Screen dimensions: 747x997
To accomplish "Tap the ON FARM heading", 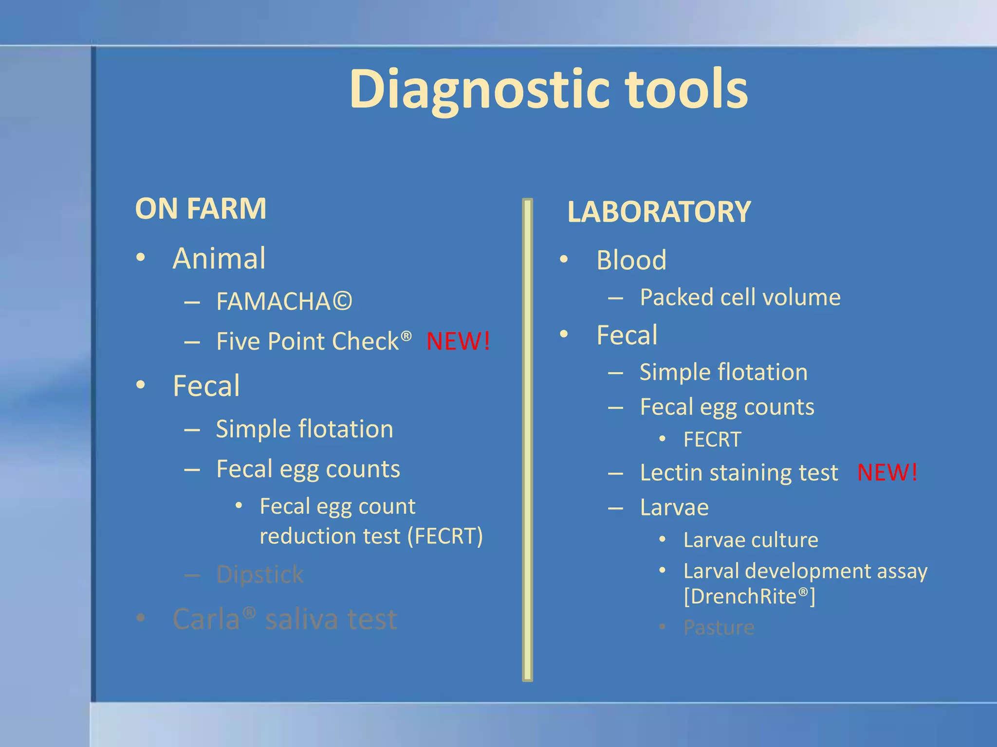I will click(201, 209).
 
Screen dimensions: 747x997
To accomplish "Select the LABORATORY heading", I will click(659, 212).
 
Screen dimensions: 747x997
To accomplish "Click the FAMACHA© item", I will click(284, 302).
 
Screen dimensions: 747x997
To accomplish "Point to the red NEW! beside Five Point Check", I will click(458, 341).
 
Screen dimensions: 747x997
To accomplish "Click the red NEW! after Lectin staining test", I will click(887, 472).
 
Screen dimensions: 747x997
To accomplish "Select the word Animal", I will click(219, 258).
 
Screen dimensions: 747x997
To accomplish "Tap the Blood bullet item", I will click(631, 260).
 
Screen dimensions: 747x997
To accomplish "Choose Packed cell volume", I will click(740, 297).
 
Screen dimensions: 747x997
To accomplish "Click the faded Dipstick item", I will click(260, 575).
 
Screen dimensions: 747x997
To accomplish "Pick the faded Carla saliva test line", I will click(285, 619).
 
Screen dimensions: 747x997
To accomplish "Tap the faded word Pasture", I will click(719, 627).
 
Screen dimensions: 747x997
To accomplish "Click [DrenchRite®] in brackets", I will click(749, 597).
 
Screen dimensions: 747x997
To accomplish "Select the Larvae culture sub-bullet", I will click(750, 540).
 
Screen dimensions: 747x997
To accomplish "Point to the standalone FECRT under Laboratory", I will click(712, 440).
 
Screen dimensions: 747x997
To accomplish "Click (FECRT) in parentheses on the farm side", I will click(445, 536).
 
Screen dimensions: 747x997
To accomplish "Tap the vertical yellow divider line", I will click(527, 438).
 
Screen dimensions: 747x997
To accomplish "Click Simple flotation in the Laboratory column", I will click(723, 373).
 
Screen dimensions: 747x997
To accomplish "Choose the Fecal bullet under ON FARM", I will click(206, 386).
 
